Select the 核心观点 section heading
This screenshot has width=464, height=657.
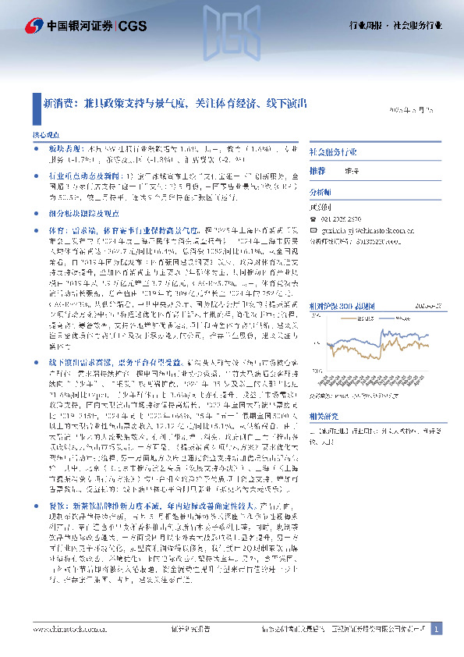coord(44,135)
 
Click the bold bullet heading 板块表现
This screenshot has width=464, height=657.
coord(62,147)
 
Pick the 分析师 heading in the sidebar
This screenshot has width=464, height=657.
coord(321,191)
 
